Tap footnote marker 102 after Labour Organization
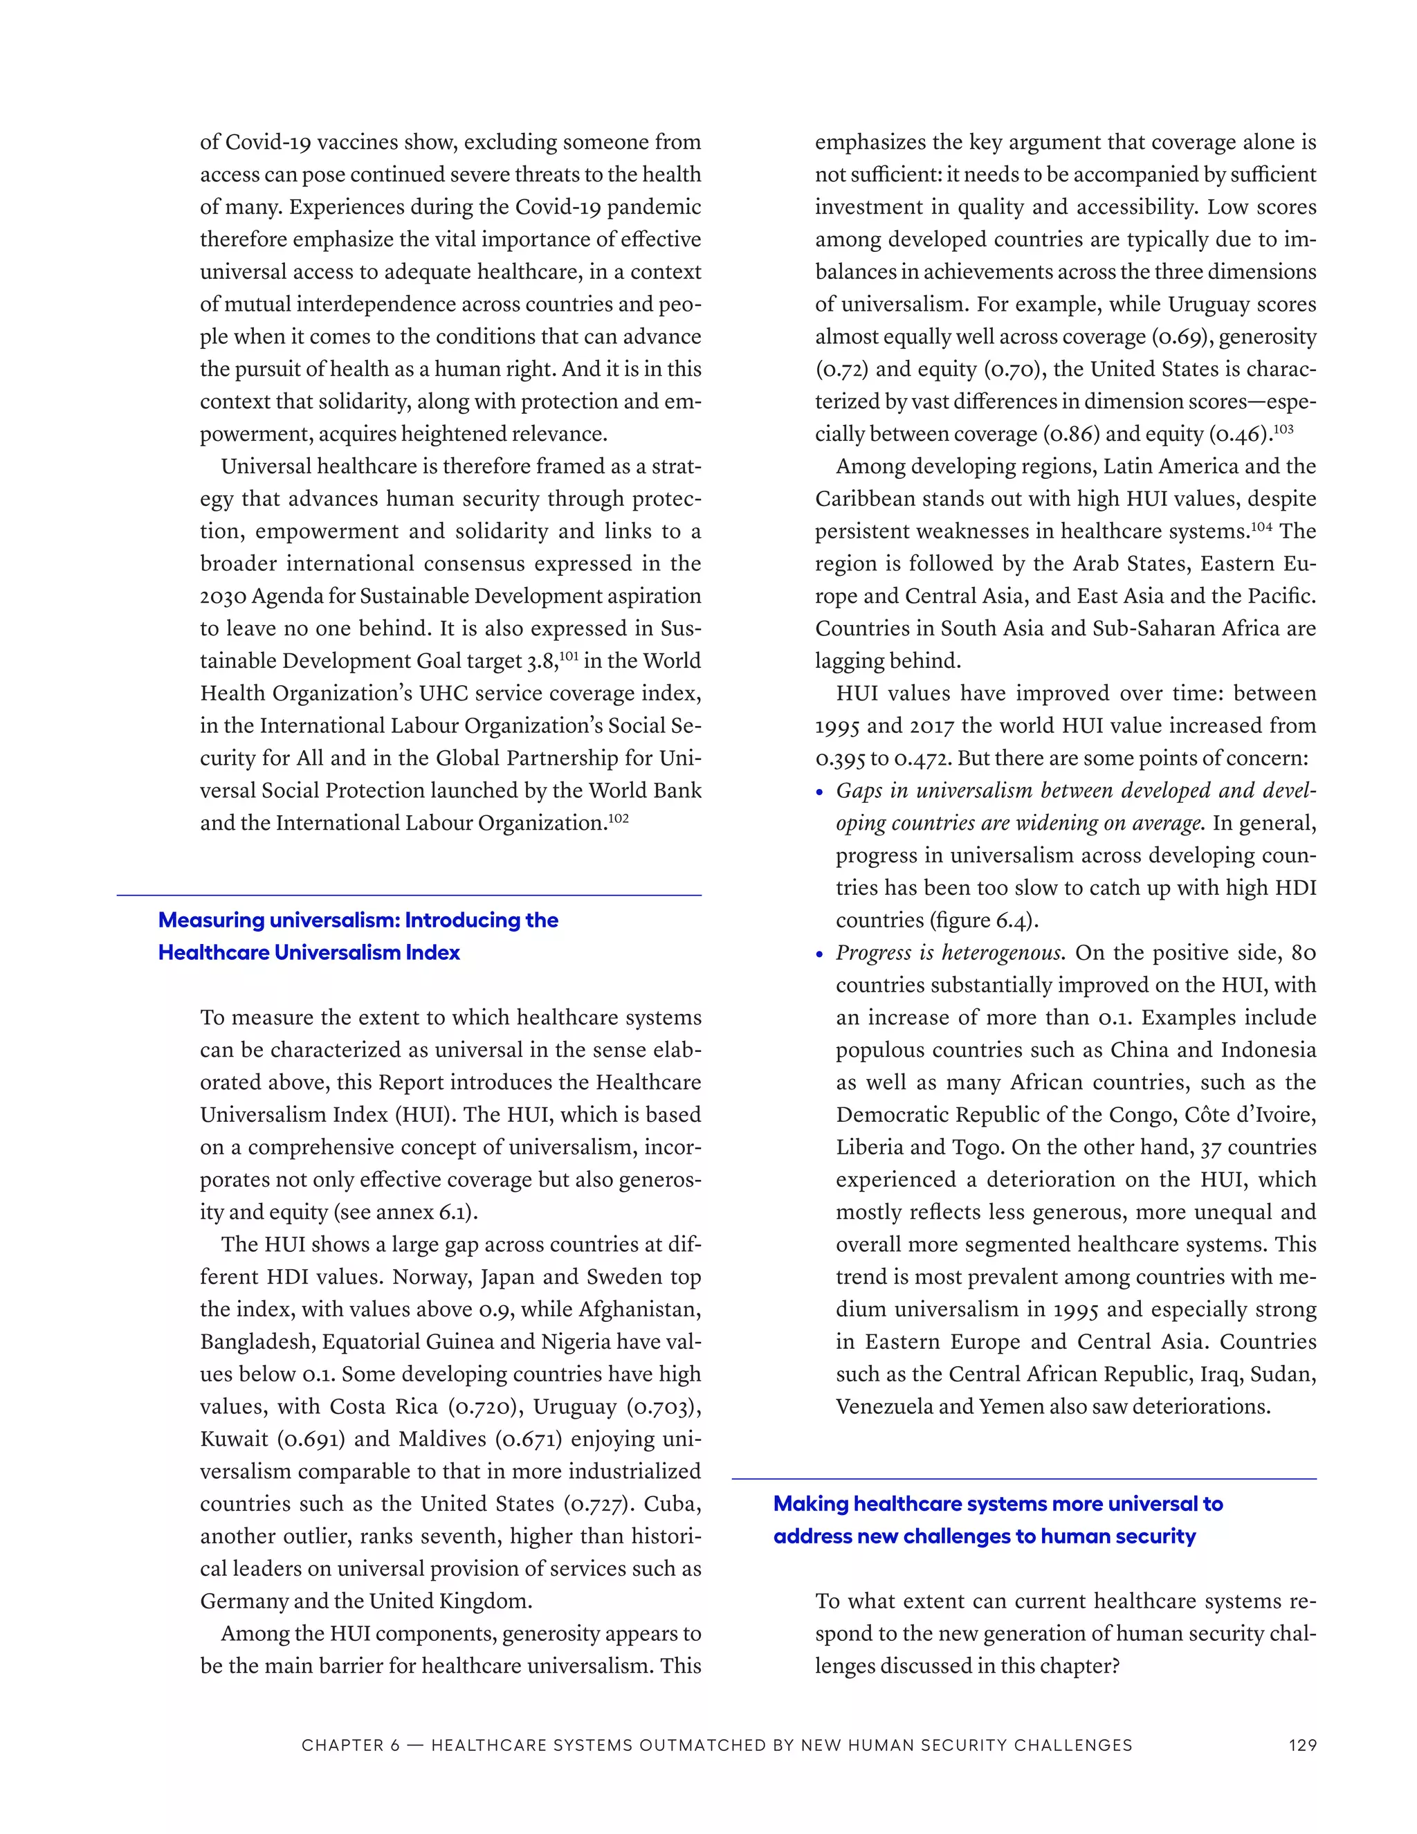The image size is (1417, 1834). coord(619,817)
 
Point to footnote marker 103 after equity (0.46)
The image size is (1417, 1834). coord(1283,428)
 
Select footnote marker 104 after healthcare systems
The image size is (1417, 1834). coord(1262,526)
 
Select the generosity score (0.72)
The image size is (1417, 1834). coord(842,370)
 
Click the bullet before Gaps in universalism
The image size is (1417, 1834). coord(820,792)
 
